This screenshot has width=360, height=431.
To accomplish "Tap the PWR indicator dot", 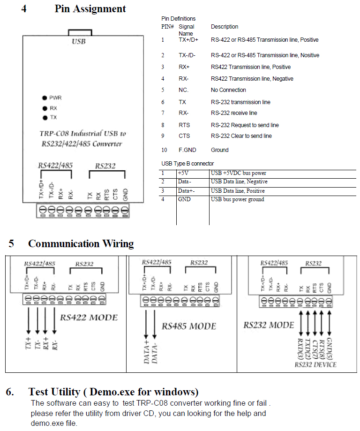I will (44, 98).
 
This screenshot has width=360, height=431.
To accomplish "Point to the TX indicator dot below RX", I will (44, 117).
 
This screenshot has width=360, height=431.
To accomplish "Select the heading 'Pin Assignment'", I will (90, 8).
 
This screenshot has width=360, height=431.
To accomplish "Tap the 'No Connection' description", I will (228, 90).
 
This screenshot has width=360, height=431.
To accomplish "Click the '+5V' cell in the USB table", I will (183, 173).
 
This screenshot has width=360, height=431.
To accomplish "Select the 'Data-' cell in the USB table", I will (185, 181).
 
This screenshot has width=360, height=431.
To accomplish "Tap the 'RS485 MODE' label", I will (189, 326).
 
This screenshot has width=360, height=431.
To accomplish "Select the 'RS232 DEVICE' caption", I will (315, 364).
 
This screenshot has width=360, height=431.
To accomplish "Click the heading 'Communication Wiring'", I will (81, 244).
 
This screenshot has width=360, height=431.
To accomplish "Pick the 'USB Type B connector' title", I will (187, 164).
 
